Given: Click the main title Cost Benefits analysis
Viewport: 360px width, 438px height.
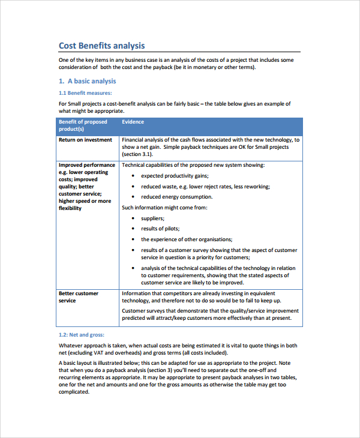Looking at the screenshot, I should tap(101, 46).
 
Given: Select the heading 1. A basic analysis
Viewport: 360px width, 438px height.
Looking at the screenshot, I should tap(88, 81).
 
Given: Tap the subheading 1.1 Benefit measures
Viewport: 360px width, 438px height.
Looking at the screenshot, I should tap(85, 93).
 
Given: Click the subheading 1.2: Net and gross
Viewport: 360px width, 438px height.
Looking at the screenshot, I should tap(82, 334).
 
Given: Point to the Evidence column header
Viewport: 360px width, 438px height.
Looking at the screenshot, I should tap(133, 122).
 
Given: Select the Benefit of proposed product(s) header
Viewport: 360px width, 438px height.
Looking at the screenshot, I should tap(83, 125).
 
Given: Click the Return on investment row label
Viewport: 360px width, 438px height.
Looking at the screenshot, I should tap(85, 140).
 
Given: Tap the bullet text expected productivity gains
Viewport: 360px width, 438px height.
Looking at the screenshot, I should tap(175, 176).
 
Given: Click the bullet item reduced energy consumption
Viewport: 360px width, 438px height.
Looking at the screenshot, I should tap(176, 197).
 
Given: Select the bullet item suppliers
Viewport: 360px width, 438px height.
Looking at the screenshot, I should tap(152, 218).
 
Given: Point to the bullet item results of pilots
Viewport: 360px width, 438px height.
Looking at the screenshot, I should tap(160, 229).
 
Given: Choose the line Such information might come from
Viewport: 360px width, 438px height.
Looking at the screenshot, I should tap(164, 208).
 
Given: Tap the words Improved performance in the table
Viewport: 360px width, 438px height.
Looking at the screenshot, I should tap(86, 165).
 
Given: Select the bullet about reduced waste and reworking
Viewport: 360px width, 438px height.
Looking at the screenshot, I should tap(205, 187).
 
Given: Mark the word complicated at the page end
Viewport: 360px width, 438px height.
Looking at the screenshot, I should tap(74, 392).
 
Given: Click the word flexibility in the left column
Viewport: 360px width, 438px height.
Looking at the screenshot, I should tap(70, 208).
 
